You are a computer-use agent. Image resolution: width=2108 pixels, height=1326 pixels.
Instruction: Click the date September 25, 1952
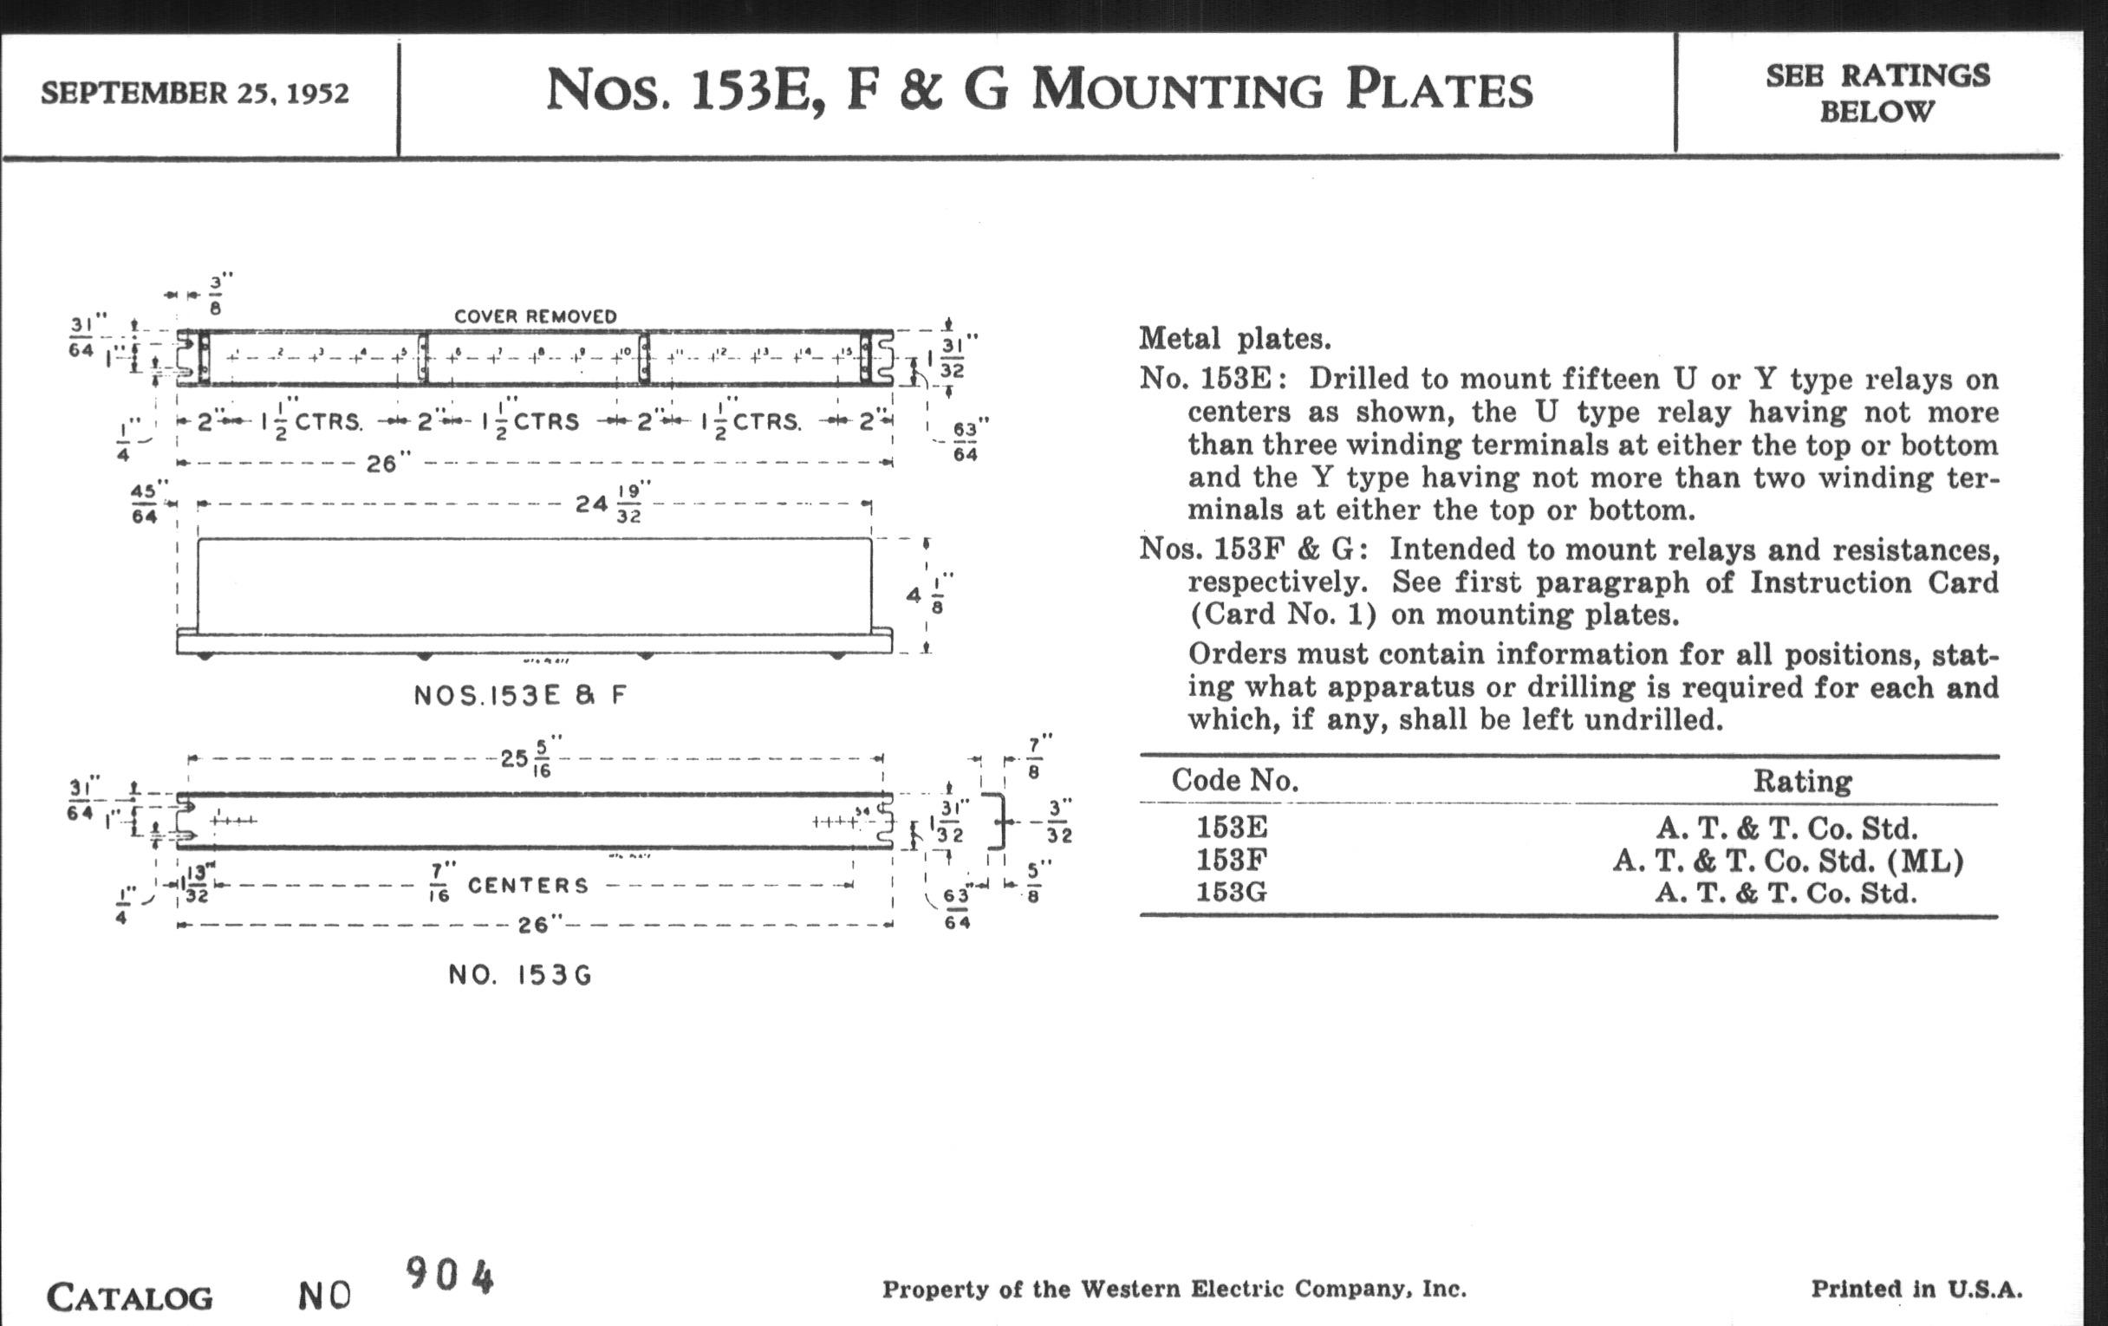pyautogui.click(x=194, y=93)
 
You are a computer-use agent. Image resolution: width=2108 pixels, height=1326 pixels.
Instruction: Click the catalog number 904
pyautogui.click(x=449, y=1276)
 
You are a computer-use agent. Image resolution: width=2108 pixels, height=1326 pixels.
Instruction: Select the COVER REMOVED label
pyautogui.click(x=535, y=316)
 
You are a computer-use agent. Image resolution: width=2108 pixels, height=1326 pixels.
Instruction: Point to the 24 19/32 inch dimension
pyautogui.click(x=609, y=504)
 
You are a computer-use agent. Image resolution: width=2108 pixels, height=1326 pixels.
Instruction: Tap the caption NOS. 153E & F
pyautogui.click(x=520, y=696)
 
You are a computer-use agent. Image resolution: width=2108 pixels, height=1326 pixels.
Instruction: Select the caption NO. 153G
pyautogui.click(x=520, y=975)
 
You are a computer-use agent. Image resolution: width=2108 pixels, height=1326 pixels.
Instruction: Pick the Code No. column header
pyautogui.click(x=1234, y=780)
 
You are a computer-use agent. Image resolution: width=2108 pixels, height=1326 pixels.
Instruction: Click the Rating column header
pyautogui.click(x=1802, y=781)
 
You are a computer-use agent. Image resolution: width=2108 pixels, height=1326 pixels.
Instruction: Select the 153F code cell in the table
pyautogui.click(x=1231, y=861)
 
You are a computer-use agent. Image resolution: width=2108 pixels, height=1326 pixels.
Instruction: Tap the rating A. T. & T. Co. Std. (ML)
pyautogui.click(x=1787, y=861)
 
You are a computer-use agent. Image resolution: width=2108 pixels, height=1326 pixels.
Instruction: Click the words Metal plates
pyautogui.click(x=1234, y=339)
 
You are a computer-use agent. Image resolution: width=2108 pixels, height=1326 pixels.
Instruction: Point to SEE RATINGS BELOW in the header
pyautogui.click(x=1877, y=93)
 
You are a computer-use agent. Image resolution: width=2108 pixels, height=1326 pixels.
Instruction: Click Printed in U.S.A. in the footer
pyautogui.click(x=1916, y=1290)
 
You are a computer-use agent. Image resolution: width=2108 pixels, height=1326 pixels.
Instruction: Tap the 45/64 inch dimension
pyautogui.click(x=145, y=504)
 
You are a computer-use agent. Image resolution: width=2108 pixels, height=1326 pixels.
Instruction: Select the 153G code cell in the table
pyautogui.click(x=1231, y=893)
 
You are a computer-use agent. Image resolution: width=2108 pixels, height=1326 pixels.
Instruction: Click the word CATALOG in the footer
pyautogui.click(x=129, y=1297)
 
